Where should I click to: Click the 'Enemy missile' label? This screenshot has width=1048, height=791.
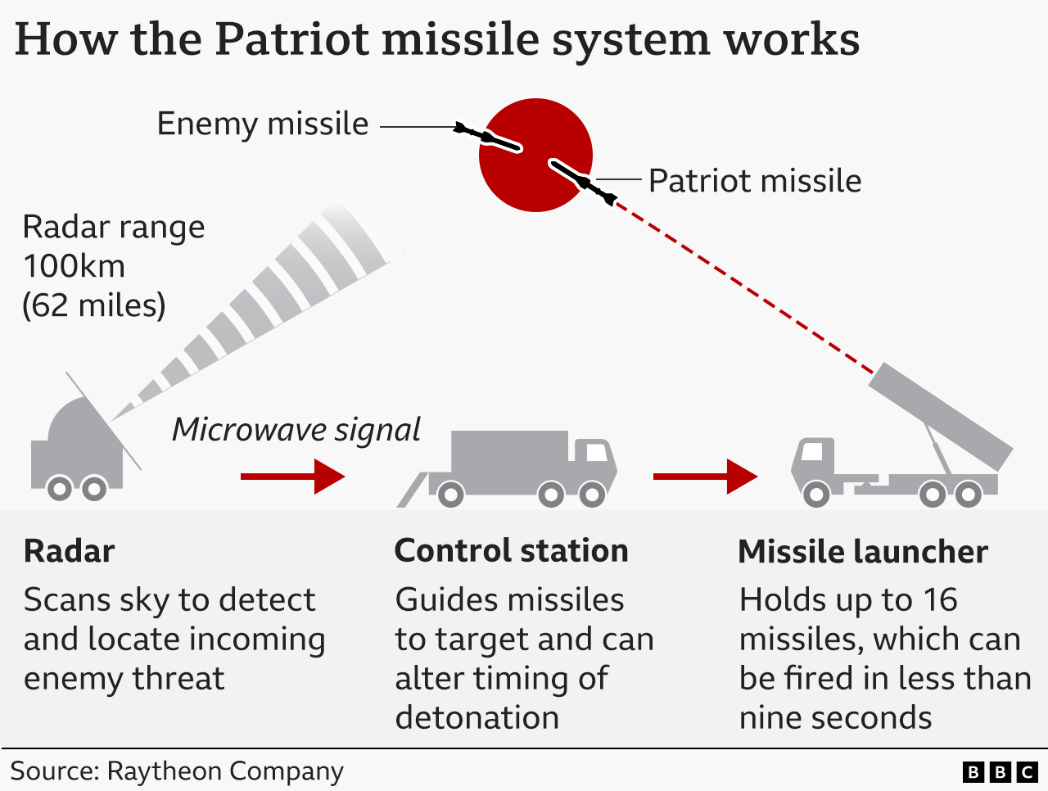click(x=262, y=124)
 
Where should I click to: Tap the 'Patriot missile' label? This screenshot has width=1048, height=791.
click(x=754, y=181)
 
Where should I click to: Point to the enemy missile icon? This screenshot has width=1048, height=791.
click(x=488, y=138)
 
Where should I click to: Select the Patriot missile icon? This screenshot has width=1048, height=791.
click(x=583, y=182)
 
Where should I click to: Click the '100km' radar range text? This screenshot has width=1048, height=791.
click(x=74, y=266)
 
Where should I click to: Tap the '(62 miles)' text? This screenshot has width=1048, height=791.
click(x=93, y=305)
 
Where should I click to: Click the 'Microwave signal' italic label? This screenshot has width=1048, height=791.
click(x=296, y=430)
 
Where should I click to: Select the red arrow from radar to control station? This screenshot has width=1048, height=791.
click(x=292, y=476)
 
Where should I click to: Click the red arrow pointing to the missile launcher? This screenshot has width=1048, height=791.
click(x=705, y=476)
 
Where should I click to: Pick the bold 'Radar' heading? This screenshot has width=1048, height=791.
click(x=69, y=551)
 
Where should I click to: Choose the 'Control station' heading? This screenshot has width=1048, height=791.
click(x=511, y=551)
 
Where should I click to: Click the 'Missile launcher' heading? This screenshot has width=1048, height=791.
click(x=862, y=552)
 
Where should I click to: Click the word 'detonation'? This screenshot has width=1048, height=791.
click(x=477, y=718)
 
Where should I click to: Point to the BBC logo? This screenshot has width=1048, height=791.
click(x=1000, y=771)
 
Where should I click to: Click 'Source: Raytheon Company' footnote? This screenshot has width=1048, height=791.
click(x=176, y=771)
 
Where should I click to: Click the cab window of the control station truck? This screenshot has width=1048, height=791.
click(x=594, y=452)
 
